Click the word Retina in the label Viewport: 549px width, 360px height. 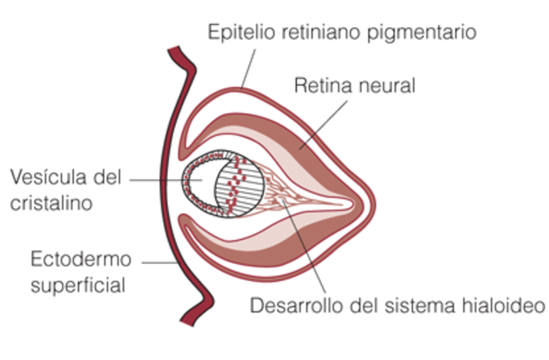click(321, 87)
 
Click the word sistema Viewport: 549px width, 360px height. click(427, 306)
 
